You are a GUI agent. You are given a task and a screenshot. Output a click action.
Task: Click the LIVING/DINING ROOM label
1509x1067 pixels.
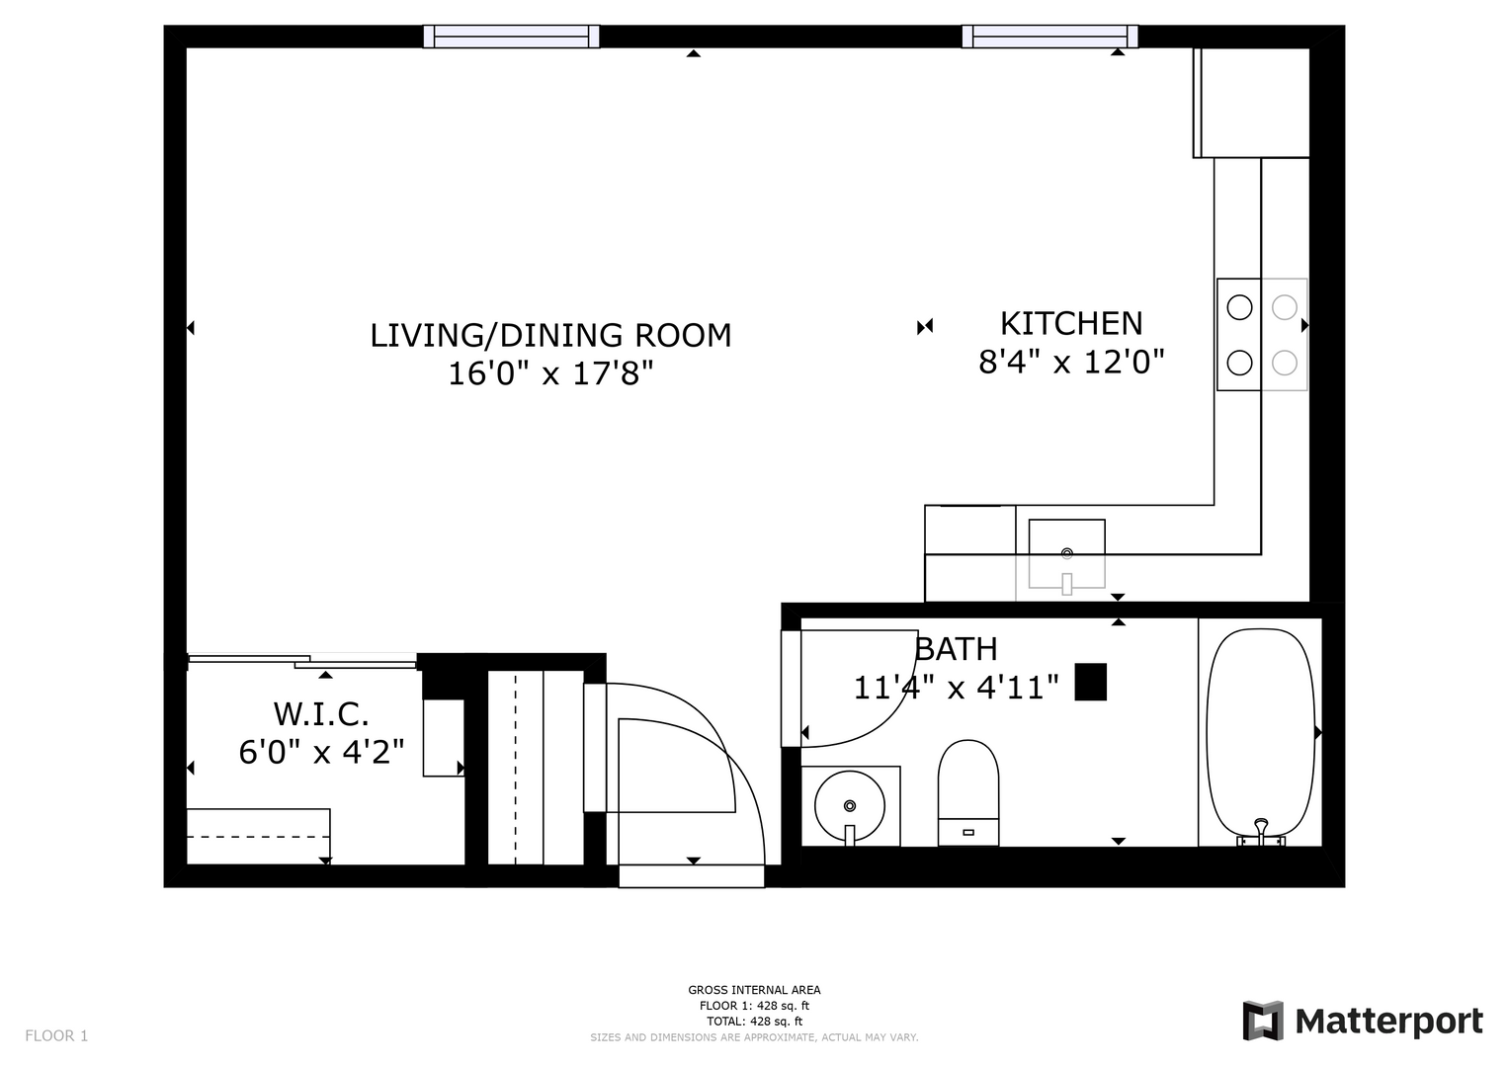click(x=550, y=336)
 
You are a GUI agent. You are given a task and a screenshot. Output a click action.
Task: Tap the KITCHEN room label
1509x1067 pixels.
click(x=1071, y=323)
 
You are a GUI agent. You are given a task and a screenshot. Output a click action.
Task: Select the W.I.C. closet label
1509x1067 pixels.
click(x=321, y=714)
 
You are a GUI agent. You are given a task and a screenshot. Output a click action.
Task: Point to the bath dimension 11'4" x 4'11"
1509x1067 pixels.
click(x=956, y=688)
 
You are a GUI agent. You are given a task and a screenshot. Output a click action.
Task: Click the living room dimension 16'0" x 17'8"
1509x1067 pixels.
click(x=550, y=373)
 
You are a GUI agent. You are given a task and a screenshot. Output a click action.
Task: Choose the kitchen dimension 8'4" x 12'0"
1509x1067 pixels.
click(x=1071, y=362)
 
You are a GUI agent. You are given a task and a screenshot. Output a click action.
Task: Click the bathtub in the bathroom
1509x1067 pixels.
click(x=1260, y=736)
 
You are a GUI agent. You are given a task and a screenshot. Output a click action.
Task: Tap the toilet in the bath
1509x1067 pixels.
click(x=968, y=792)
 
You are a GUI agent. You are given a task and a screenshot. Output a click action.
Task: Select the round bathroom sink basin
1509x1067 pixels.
click(x=850, y=805)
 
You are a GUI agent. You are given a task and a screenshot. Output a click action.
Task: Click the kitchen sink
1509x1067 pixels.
click(x=1066, y=554)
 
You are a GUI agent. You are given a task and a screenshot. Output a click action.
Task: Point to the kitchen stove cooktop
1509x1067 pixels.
click(x=1262, y=335)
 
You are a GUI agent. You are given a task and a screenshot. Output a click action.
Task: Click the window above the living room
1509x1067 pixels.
click(x=511, y=37)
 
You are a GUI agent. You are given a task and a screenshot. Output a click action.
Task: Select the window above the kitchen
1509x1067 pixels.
click(x=1049, y=37)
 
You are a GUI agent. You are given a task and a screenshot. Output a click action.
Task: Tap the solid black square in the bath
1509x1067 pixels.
click(x=1090, y=682)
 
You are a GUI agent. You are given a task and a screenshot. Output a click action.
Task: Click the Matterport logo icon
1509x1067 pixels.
click(x=1262, y=1020)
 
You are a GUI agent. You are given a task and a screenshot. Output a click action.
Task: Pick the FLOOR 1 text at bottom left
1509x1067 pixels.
click(x=56, y=1035)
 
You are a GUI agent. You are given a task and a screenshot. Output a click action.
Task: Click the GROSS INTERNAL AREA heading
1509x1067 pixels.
click(x=754, y=990)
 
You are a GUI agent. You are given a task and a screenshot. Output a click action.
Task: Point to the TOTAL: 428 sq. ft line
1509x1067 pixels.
click(x=754, y=1022)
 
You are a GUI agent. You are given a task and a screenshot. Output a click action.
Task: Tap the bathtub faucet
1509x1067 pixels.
click(x=1260, y=833)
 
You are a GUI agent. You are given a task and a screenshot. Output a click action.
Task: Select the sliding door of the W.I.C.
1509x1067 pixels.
click(x=302, y=661)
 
